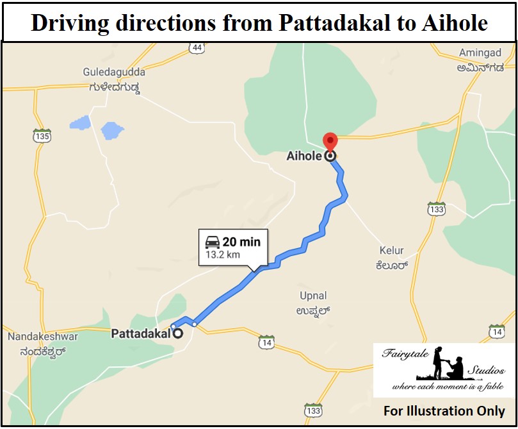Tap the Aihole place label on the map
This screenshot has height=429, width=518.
tap(304, 156)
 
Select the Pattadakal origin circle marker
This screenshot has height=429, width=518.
tap(178, 333)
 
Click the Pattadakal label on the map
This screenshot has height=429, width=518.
tap(141, 333)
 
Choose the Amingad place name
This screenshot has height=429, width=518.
tap(481, 53)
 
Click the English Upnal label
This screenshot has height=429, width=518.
tap(313, 296)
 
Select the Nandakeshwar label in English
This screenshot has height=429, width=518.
tap(42, 337)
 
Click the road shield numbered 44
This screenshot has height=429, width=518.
tap(197, 47)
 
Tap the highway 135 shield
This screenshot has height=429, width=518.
tap(43, 136)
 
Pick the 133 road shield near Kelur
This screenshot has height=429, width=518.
tap(437, 209)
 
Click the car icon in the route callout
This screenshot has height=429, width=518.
tap(212, 242)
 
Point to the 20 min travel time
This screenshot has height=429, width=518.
tap(241, 242)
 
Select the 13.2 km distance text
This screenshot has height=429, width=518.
tap(223, 255)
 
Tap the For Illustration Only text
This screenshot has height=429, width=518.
tap(444, 411)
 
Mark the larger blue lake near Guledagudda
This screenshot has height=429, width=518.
tap(112, 131)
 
